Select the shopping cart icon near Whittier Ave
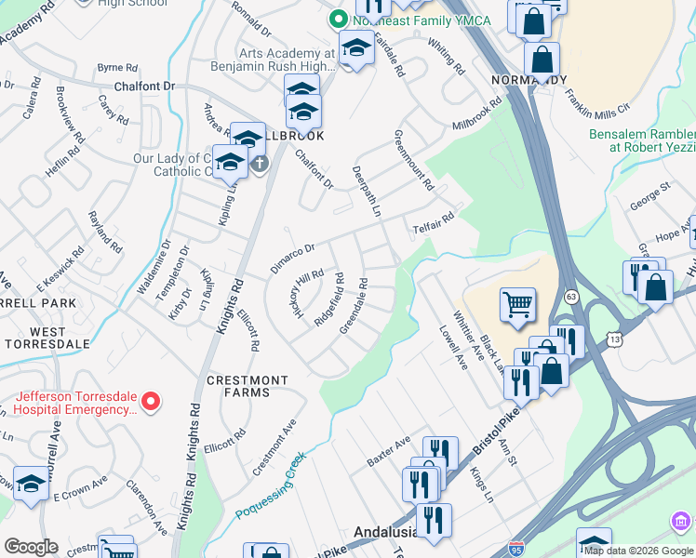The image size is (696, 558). (x=517, y=303)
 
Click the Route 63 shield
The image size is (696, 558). (x=570, y=297)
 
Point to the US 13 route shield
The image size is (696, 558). (x=588, y=342)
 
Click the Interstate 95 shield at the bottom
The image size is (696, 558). (x=515, y=550)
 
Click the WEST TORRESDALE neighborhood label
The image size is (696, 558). (x=34, y=338)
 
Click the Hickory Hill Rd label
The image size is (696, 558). (x=308, y=293)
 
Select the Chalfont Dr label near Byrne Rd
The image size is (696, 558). (x=144, y=86)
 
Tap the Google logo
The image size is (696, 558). (x=31, y=547)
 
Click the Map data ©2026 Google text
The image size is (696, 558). (x=638, y=551)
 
